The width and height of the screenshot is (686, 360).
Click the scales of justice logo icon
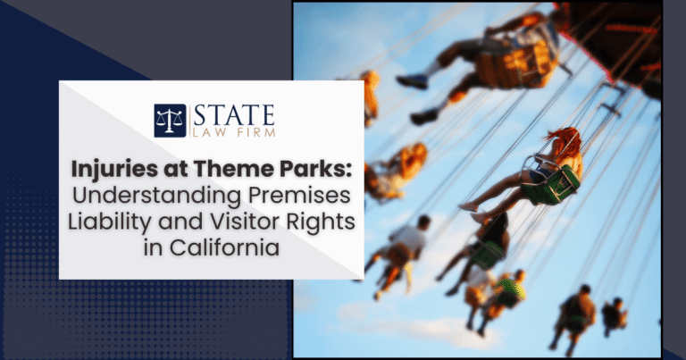170,121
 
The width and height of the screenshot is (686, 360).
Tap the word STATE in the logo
234,115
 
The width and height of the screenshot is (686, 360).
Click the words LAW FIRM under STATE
234,132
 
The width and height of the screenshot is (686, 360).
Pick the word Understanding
156,197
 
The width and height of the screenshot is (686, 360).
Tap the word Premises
300,195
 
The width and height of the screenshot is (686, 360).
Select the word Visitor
246,221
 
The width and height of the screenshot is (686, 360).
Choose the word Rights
321,222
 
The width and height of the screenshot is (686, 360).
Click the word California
224,247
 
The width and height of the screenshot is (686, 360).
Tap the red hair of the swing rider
565,141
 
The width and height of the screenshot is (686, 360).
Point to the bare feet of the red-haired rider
474,213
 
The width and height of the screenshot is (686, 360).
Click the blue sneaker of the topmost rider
412,82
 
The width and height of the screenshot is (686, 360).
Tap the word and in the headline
181,222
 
